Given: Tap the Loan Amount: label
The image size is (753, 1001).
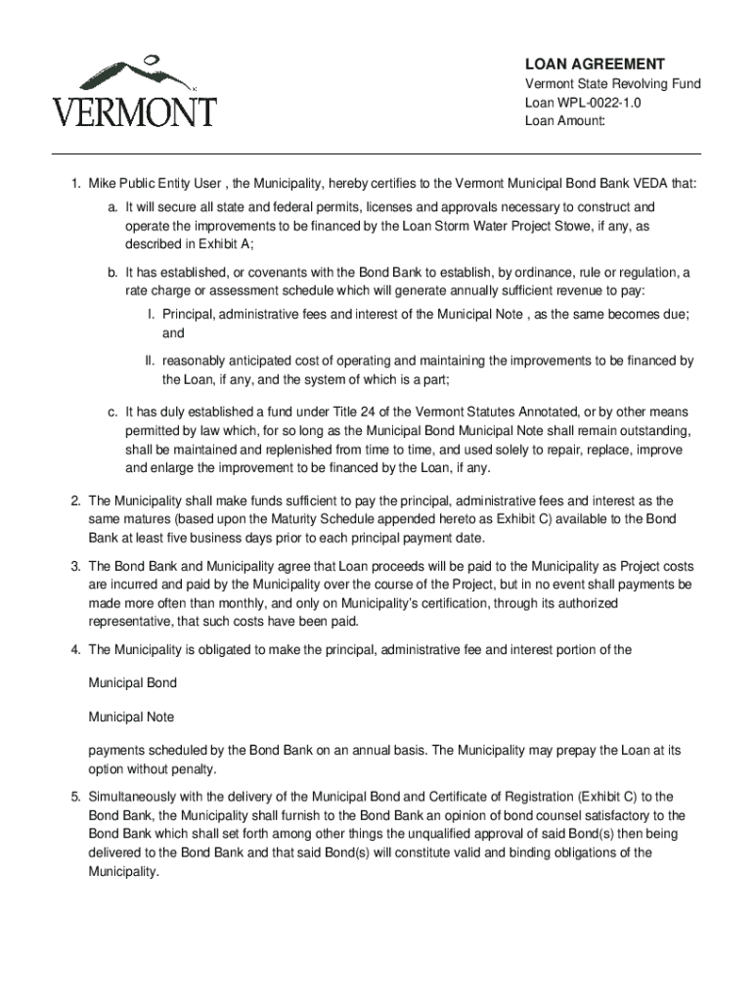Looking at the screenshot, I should pyautogui.click(x=566, y=121).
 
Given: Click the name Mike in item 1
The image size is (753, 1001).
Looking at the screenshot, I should pyautogui.click(x=104, y=184).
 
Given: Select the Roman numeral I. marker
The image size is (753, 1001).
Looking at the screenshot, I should pyautogui.click(x=152, y=315).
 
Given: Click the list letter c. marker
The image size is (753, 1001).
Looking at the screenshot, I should pyautogui.click(x=113, y=413).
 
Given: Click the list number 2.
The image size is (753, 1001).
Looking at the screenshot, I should pyautogui.click(x=75, y=500).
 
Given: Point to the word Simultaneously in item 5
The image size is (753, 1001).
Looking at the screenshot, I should pyautogui.click(x=133, y=797).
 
